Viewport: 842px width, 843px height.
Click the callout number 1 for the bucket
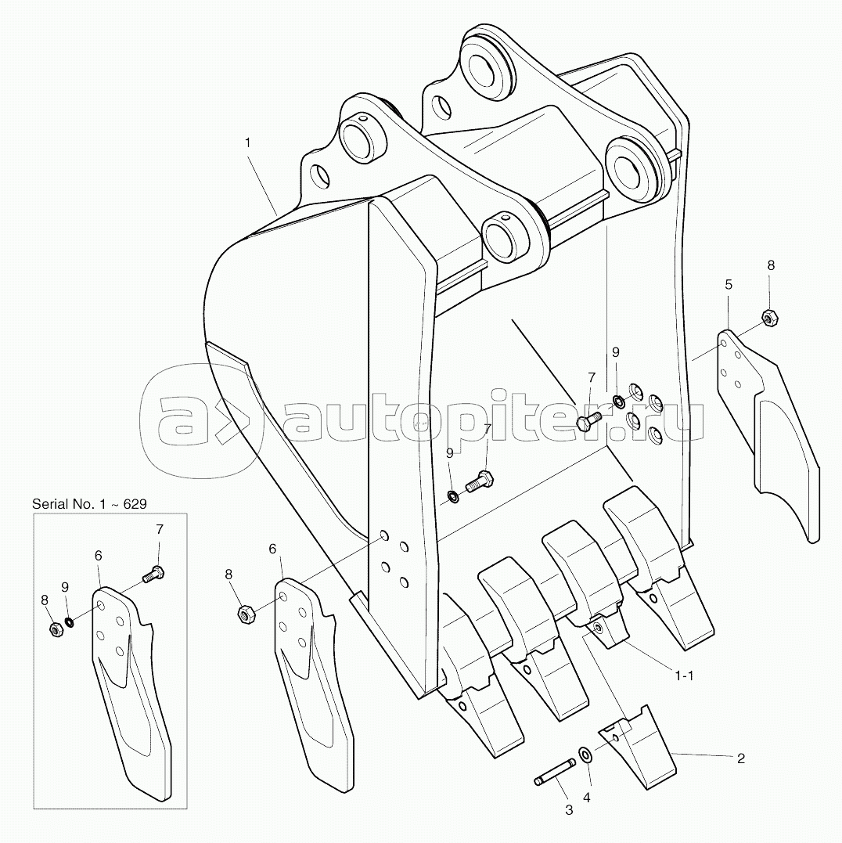tap(247, 143)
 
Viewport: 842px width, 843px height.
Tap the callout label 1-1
tap(684, 675)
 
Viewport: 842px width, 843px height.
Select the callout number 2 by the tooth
tap(741, 758)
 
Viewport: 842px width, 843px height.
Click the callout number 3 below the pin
tap(569, 810)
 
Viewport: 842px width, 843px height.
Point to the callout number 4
tap(587, 798)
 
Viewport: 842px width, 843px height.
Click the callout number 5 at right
tap(729, 284)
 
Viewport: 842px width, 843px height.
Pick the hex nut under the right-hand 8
tap(769, 318)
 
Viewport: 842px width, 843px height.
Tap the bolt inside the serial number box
tap(153, 574)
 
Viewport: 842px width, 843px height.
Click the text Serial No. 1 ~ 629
tap(89, 504)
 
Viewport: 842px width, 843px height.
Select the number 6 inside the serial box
tap(99, 556)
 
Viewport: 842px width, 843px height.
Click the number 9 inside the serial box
tap(65, 587)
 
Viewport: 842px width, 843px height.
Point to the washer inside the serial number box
tap(70, 622)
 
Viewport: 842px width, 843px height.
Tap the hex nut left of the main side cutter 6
tap(246, 614)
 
